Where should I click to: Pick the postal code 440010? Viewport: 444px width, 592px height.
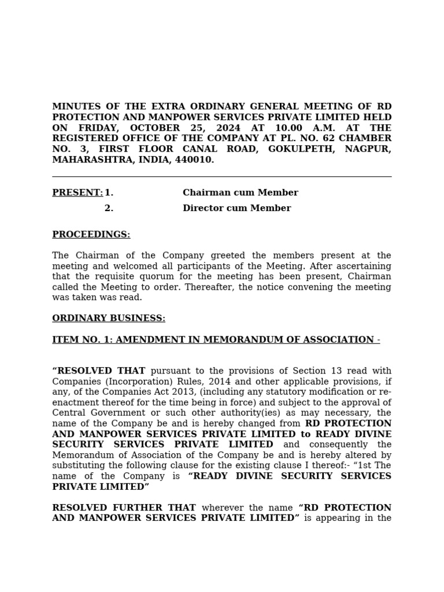click(x=196, y=160)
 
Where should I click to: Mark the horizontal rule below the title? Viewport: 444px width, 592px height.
click(x=222, y=176)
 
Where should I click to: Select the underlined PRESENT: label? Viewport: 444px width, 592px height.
click(x=77, y=193)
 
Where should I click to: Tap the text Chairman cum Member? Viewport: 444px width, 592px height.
click(x=240, y=193)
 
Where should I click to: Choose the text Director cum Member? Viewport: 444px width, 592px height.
click(x=237, y=208)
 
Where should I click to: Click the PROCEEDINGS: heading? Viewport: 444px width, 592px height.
click(x=91, y=234)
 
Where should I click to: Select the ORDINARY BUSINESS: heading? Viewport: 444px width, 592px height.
click(x=109, y=318)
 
